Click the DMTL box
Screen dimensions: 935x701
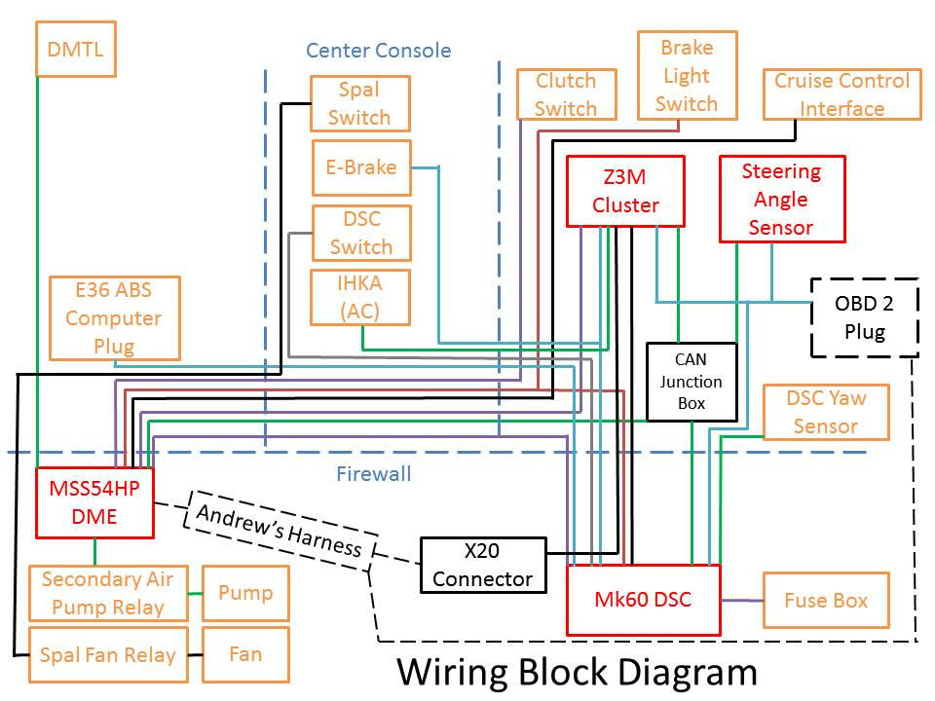click(x=76, y=49)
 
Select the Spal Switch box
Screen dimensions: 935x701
click(x=360, y=103)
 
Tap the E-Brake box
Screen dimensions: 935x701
click(x=361, y=167)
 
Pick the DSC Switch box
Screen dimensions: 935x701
click(x=361, y=233)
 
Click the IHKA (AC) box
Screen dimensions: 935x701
click(x=360, y=297)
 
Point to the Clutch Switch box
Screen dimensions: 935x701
click(x=566, y=94)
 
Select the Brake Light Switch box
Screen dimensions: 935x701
click(x=687, y=76)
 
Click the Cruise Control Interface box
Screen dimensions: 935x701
click(x=841, y=94)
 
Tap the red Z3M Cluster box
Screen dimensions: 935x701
click(x=625, y=191)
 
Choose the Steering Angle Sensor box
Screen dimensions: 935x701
click(x=782, y=199)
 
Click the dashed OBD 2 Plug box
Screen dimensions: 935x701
click(x=865, y=317)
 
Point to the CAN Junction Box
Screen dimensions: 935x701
click(x=692, y=382)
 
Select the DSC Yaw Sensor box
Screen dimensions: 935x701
click(x=826, y=412)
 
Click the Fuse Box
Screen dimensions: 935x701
click(x=826, y=600)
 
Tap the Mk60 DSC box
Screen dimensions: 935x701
click(x=644, y=600)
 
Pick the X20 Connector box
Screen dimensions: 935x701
click(x=483, y=565)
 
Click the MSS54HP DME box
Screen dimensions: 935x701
click(x=94, y=502)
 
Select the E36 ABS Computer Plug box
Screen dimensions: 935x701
click(x=115, y=317)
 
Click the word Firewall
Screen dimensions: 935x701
click(x=374, y=474)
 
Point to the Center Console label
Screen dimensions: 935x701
click(x=379, y=50)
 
